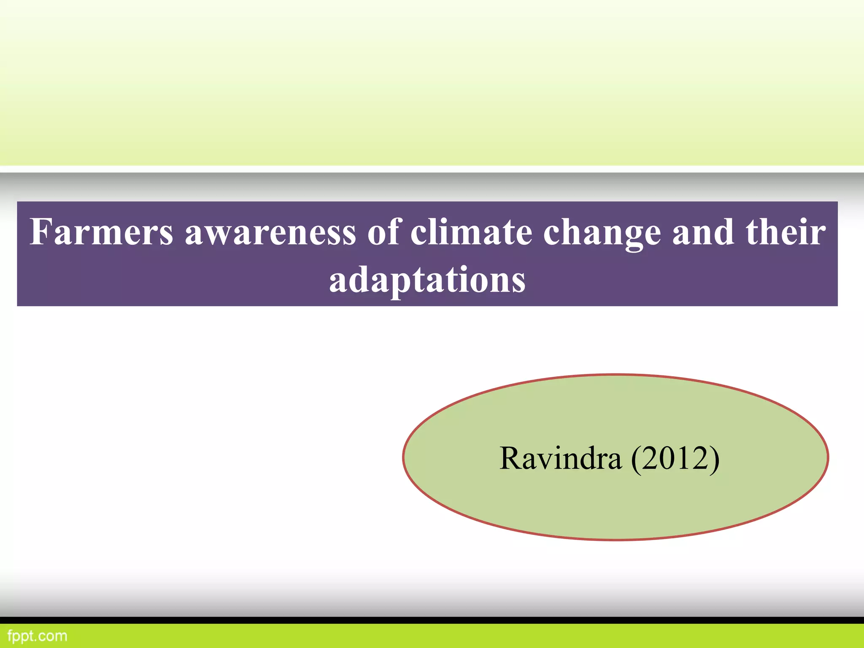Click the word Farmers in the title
101,232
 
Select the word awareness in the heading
270,233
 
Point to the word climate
471,232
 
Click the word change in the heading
602,233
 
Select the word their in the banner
785,232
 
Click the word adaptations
427,280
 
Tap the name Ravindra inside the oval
560,458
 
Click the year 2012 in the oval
675,458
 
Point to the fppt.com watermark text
38,636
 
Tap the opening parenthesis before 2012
636,460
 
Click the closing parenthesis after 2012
714,460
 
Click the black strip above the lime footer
432,620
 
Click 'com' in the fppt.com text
54,636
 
